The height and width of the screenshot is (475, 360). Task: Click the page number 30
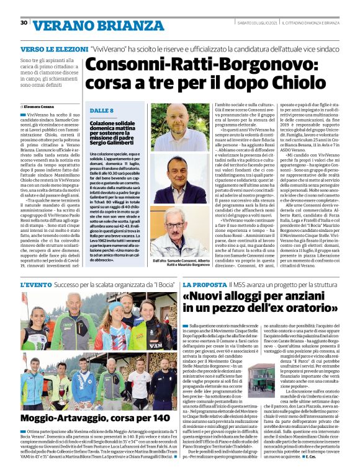[24, 23]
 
